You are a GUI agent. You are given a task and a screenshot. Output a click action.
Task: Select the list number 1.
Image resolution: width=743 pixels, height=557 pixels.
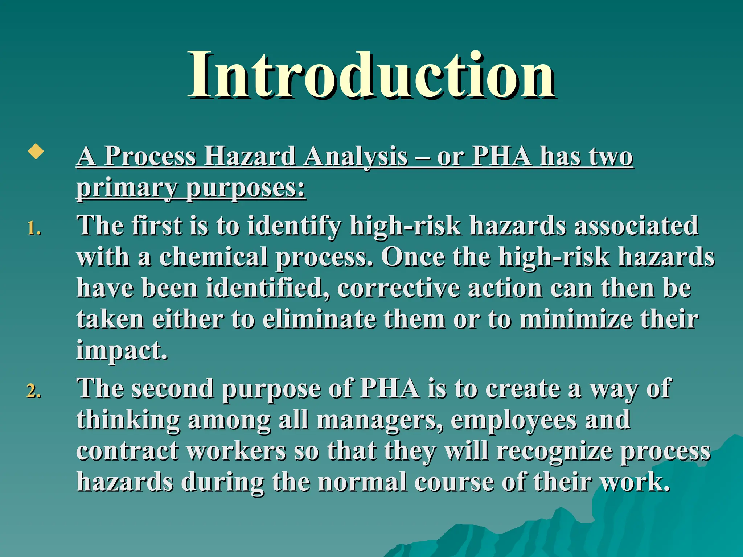[33, 229]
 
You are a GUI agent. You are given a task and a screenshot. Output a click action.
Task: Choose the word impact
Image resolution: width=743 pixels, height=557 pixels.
[121, 351]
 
